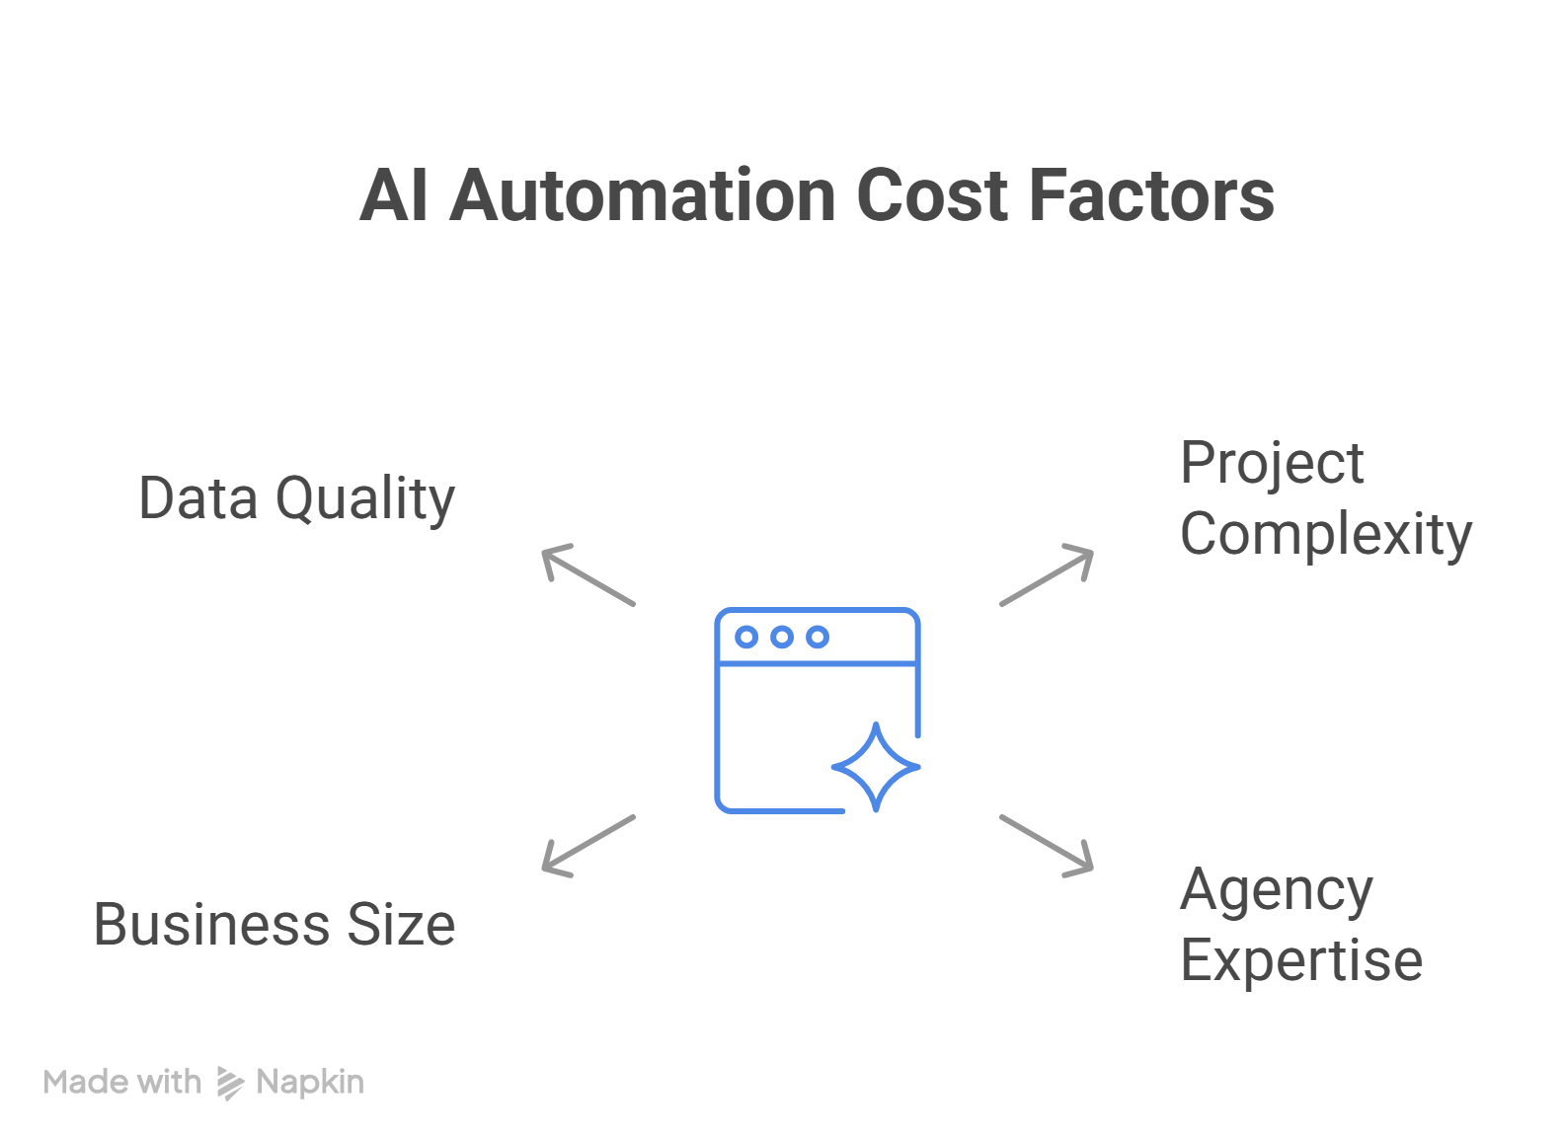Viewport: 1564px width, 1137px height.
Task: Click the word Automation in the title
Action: click(x=643, y=195)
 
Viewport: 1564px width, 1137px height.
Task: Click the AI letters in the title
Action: click(x=393, y=195)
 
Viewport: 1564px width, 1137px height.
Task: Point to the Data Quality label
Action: click(x=296, y=498)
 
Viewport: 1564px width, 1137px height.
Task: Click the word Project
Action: click(x=1272, y=463)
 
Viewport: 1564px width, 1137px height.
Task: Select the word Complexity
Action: click(x=1325, y=535)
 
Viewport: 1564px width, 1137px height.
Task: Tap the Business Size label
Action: click(x=274, y=925)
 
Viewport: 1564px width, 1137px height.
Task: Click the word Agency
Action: click(x=1276, y=891)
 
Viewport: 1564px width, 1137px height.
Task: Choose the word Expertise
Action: click(x=1301, y=960)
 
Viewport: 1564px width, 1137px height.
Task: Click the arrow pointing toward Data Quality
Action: click(x=587, y=574)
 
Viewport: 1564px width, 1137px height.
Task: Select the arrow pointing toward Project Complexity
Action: click(x=1048, y=574)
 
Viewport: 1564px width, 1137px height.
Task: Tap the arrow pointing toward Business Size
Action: click(x=587, y=846)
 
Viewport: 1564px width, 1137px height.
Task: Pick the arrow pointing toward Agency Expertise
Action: click(x=1048, y=846)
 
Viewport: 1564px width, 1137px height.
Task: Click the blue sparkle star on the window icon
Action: click(x=876, y=767)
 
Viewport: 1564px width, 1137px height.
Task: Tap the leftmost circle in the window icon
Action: click(x=747, y=638)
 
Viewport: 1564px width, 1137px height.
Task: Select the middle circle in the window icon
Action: click(x=782, y=638)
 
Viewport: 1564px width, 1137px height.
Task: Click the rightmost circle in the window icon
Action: click(x=818, y=638)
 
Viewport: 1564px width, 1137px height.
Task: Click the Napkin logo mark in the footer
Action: click(x=229, y=1083)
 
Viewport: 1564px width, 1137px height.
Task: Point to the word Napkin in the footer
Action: click(x=310, y=1083)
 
